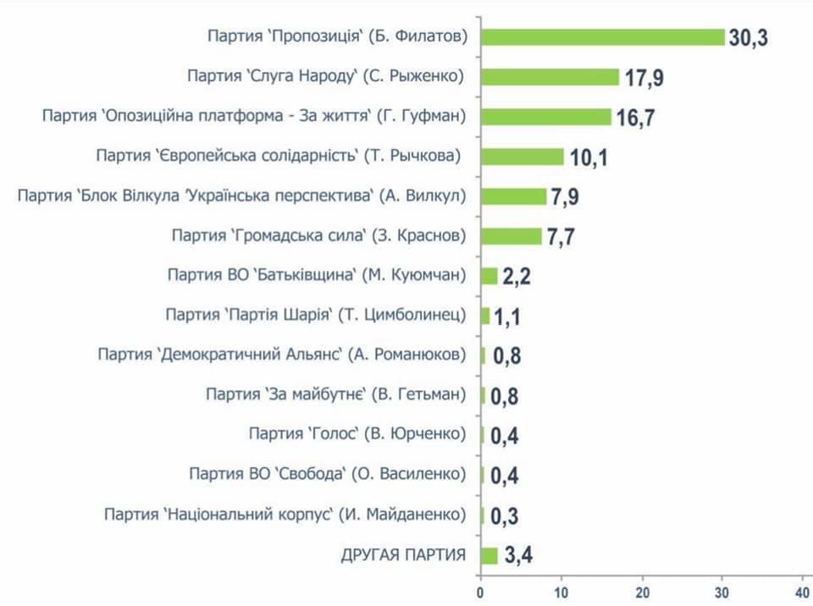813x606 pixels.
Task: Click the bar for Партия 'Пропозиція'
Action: [603, 37]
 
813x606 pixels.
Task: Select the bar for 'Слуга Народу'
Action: [550, 77]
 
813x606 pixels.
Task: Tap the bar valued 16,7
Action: [546, 117]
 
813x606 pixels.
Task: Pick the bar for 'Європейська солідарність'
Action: [523, 157]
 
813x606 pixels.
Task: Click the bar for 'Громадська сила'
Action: [512, 236]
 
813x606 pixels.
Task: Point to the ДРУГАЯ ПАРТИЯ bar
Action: [489, 555]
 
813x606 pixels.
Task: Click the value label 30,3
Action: [748, 39]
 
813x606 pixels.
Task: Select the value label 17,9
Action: [644, 79]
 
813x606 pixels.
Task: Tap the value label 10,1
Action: [589, 158]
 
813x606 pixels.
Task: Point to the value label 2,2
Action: [516, 277]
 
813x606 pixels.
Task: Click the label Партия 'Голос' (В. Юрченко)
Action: [357, 434]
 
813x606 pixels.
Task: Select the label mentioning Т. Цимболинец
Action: [316, 315]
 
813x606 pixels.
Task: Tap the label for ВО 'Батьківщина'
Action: [317, 275]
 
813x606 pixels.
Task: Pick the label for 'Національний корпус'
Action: [285, 515]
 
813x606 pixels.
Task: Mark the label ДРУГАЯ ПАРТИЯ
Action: [403, 555]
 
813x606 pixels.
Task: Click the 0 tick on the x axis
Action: [480, 592]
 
